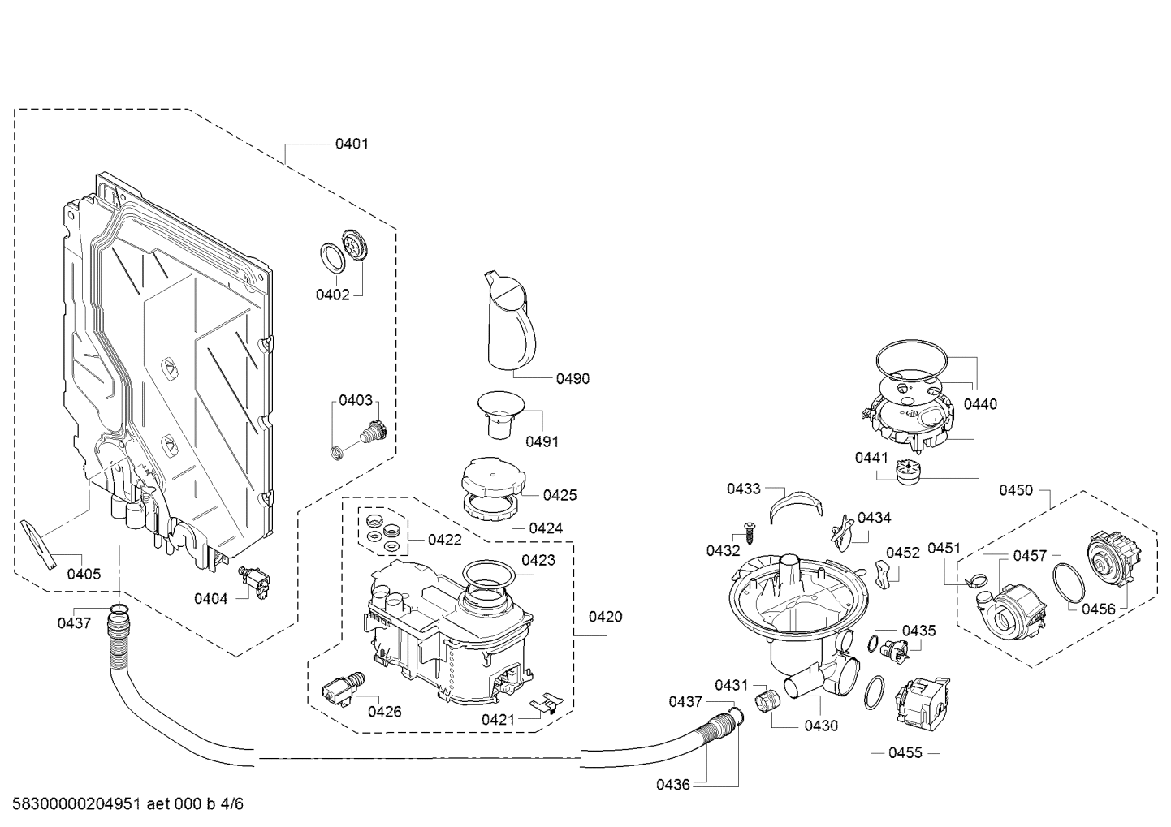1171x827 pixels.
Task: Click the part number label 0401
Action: [x=352, y=144]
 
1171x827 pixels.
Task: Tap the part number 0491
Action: [x=542, y=441]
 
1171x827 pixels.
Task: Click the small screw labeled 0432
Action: [x=749, y=536]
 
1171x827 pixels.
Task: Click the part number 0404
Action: [x=210, y=598]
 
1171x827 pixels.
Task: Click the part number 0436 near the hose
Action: [x=673, y=784]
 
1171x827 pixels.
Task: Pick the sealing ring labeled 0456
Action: [x=1066, y=581]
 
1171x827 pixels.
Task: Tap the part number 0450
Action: [x=1016, y=489]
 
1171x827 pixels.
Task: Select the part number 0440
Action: [x=980, y=404]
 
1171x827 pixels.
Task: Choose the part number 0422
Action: [x=444, y=540]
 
